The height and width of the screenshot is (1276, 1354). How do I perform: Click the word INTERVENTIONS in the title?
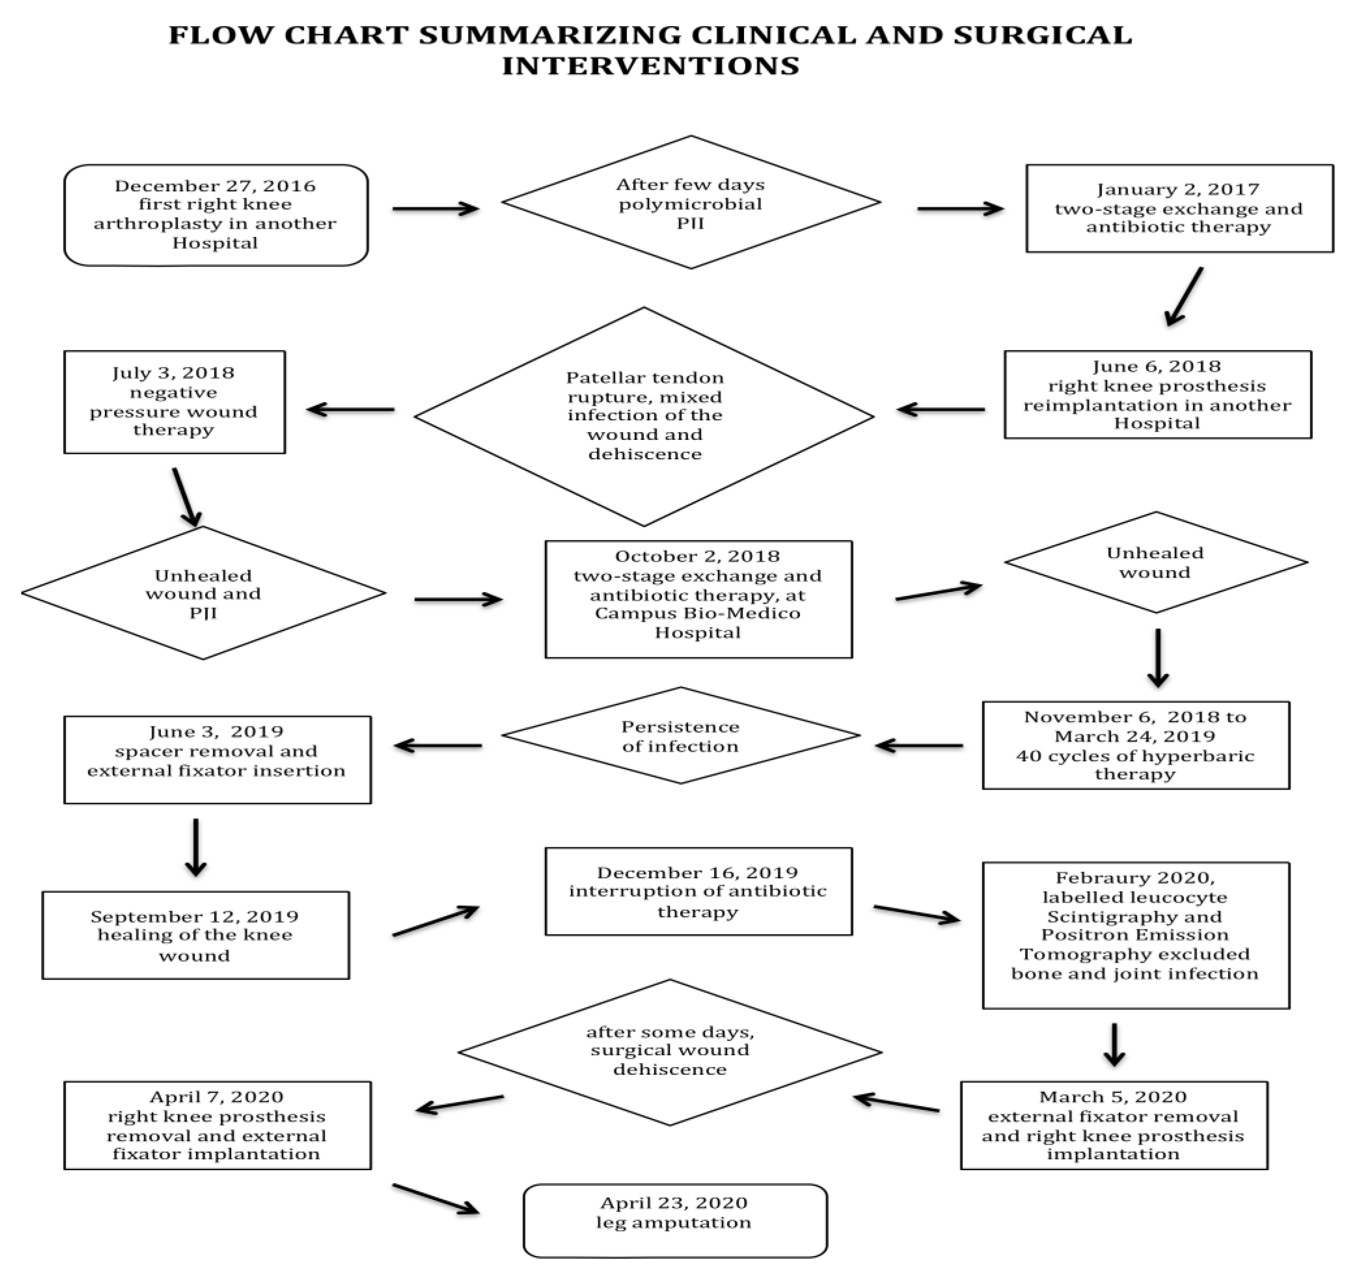[x=650, y=66]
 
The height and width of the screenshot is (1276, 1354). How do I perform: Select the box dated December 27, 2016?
[x=216, y=215]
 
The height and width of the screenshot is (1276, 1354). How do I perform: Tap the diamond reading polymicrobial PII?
[x=691, y=202]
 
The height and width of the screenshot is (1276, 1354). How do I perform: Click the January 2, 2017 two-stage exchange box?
[x=1179, y=208]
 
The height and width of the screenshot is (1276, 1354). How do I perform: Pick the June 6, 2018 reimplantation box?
[x=1157, y=395]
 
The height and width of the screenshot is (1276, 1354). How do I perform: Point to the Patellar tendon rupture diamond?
[x=644, y=416]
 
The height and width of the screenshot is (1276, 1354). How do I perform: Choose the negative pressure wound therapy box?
[x=174, y=402]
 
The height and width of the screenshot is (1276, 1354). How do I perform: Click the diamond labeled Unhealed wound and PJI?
[x=203, y=593]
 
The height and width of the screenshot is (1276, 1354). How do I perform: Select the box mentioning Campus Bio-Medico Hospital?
[x=698, y=599]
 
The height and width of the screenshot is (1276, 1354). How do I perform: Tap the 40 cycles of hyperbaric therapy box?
[x=1135, y=745]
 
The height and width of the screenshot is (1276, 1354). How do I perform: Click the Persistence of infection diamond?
[x=680, y=736]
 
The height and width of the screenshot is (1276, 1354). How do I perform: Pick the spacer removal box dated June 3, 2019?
[x=217, y=759]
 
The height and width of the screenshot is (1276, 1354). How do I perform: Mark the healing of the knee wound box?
[x=196, y=935]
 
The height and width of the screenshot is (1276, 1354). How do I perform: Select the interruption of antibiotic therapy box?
[x=698, y=891]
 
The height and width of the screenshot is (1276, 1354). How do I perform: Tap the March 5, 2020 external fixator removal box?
[x=1113, y=1125]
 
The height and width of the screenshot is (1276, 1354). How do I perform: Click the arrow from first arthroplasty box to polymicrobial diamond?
[x=436, y=209]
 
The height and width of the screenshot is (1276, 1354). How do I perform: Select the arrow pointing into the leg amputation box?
[x=436, y=1199]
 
